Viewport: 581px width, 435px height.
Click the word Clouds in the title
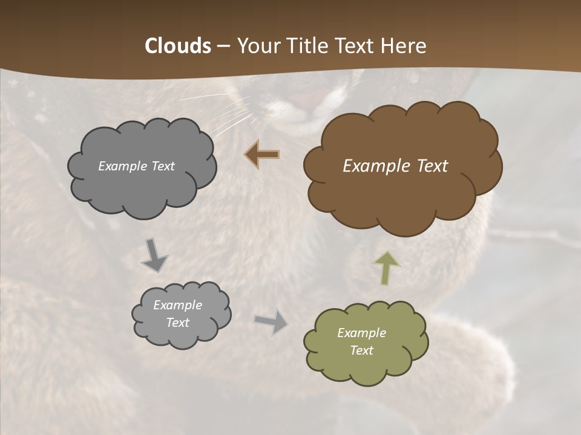pos(178,46)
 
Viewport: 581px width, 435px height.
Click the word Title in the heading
pos(306,46)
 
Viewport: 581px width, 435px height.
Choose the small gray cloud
pos(181,335)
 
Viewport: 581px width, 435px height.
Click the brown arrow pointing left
pos(262,155)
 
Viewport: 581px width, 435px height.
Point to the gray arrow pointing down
pos(155,255)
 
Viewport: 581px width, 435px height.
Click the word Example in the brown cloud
pos(370,166)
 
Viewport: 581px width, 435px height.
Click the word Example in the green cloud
pos(361,333)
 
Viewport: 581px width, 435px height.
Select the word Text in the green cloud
pos(361,350)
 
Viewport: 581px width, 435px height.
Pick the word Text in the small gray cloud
pos(177,323)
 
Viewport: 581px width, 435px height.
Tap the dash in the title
pos(222,47)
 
